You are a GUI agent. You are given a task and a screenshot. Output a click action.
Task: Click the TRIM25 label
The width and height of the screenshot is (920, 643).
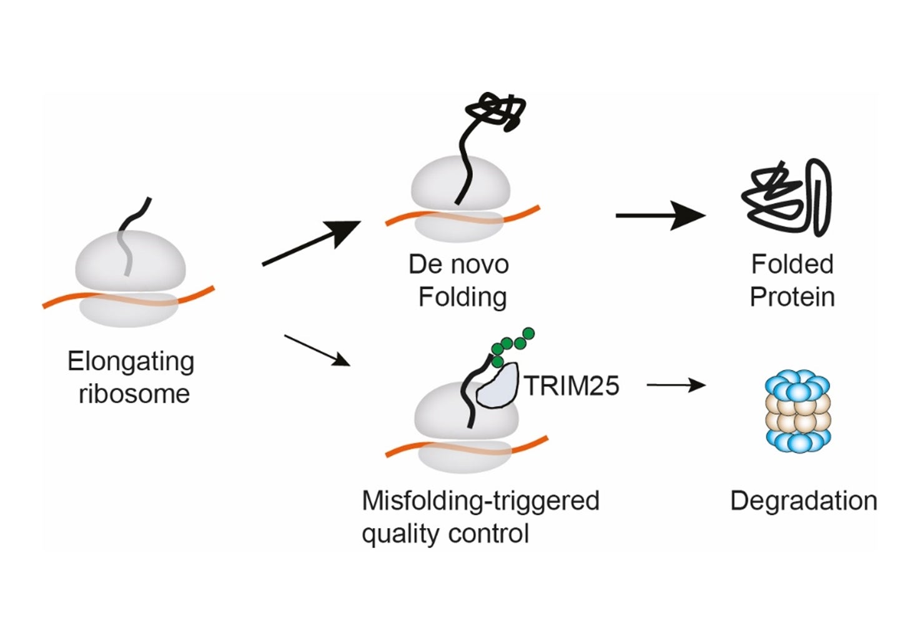point(571,386)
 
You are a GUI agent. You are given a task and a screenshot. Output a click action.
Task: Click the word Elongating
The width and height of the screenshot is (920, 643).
point(131,362)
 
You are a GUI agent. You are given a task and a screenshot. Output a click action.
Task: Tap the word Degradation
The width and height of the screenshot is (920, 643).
point(803,501)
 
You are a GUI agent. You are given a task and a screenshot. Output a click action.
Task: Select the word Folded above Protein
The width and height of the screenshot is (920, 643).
point(792,264)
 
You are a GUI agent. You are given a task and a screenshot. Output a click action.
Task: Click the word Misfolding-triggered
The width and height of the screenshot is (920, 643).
point(480,501)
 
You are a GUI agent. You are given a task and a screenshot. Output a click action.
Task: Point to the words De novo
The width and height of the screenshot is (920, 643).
point(458,264)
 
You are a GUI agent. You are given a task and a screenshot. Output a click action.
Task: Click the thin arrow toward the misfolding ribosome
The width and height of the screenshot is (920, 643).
point(316,351)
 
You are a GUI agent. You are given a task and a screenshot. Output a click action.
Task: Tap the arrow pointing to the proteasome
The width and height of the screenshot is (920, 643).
point(676,386)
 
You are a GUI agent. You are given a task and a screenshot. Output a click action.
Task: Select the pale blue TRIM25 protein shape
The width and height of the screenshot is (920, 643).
point(498,387)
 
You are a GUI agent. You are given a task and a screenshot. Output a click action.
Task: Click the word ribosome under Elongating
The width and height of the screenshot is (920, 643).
point(134,394)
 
